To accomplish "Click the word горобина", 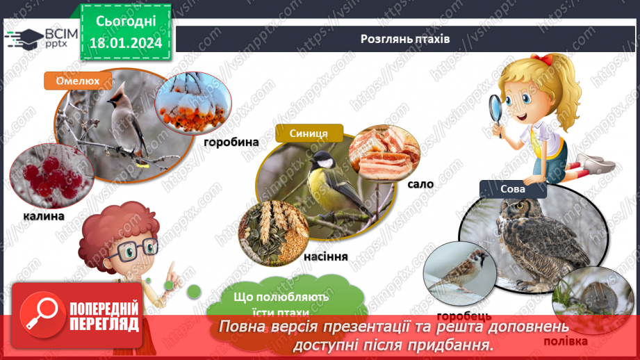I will coord(231,142).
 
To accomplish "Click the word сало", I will coord(421,184).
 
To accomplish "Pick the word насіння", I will coord(325,256).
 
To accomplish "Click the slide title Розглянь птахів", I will coord(405,39).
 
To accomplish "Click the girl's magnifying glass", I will coord(498,108).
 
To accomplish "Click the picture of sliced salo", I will coord(384,154).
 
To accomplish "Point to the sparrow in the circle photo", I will coord(459,265).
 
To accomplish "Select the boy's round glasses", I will coord(129,249).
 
